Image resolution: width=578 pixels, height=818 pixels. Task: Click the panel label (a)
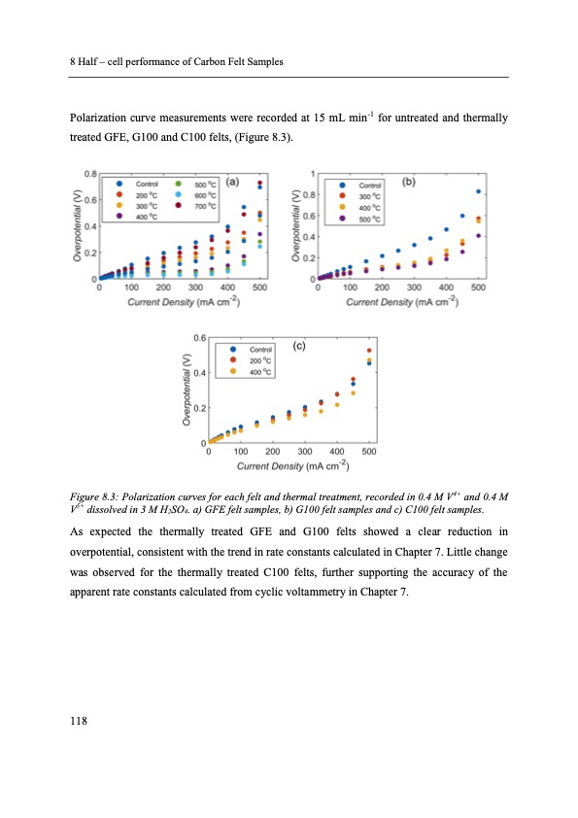point(233,181)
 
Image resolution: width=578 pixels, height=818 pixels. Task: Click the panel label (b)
point(410,180)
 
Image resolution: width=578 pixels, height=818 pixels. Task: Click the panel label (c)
point(300,344)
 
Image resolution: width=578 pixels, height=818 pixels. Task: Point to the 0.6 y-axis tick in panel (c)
point(198,337)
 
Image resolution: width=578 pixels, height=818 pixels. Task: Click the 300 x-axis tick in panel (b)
point(414,288)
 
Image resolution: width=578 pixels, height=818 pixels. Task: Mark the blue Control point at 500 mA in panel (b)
point(478,191)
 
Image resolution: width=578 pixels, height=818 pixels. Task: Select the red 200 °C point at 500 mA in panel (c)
point(369,351)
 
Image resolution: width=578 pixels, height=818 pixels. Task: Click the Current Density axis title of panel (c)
point(289,465)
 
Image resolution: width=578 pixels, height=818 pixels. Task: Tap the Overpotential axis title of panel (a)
point(77,226)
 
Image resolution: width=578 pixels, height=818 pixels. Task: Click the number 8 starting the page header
point(73,62)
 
